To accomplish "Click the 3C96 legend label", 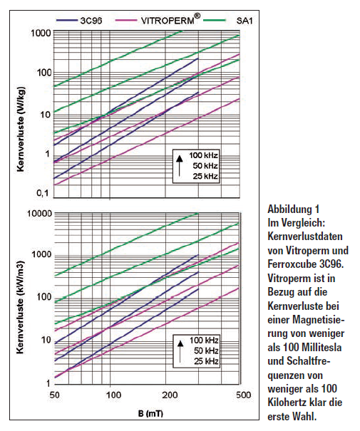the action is point(91,21).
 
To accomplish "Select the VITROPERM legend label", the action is point(168,21).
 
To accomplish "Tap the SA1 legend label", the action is point(245,21).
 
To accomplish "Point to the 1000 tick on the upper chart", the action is point(41,33).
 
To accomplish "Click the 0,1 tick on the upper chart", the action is point(43,193).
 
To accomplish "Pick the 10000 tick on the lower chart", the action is point(40,213).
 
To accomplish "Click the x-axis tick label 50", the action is point(54,395).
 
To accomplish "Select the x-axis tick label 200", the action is point(170,395).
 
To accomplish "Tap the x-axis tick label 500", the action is point(243,395).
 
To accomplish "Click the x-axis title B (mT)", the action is point(150,413).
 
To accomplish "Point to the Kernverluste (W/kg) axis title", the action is point(21,129).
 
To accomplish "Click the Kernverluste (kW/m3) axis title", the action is point(21,307).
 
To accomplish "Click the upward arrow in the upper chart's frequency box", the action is point(180,165).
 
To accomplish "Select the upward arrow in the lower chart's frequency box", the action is point(180,351).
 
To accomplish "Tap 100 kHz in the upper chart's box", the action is point(203,155).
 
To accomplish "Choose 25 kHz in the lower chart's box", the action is point(206,361).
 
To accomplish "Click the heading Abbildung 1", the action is point(294,209).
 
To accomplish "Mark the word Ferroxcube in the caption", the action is point(292,264).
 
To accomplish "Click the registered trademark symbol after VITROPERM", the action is point(197,16).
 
